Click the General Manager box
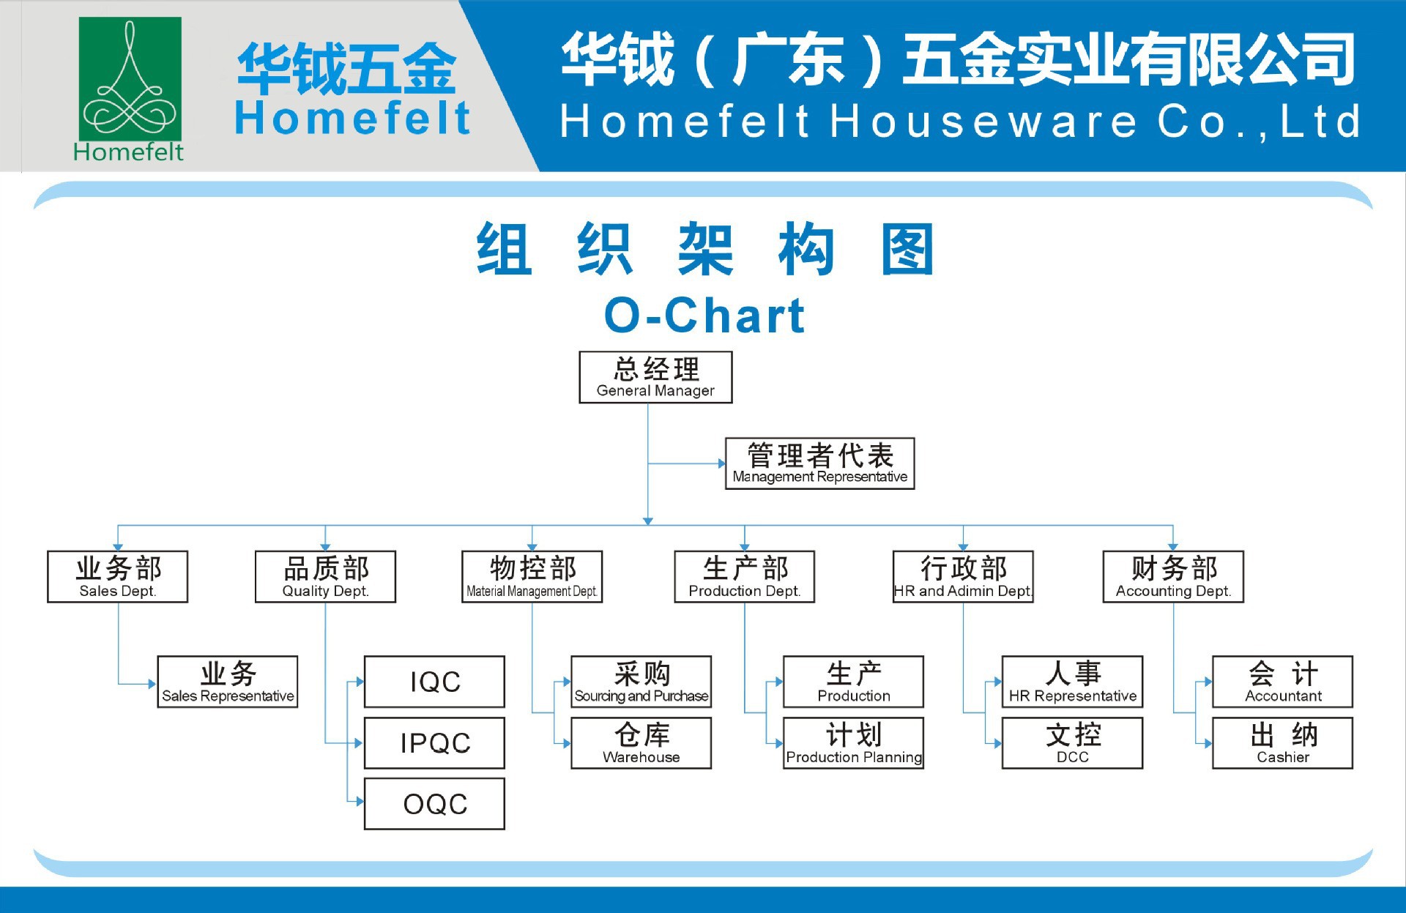[x=655, y=377]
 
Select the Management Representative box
[x=819, y=463]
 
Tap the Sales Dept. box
[x=117, y=577]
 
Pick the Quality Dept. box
[x=325, y=577]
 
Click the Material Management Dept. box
[x=532, y=577]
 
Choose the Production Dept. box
[x=744, y=577]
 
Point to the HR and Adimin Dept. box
[x=963, y=577]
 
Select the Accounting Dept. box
[x=1173, y=577]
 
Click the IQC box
[x=434, y=682]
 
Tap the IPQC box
[x=434, y=743]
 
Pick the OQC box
[x=434, y=804]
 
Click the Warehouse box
[x=641, y=743]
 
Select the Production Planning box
[x=853, y=743]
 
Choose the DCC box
[x=1072, y=743]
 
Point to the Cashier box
[x=1282, y=743]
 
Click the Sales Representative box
[x=227, y=682]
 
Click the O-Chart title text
[x=704, y=316]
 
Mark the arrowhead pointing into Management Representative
[x=721, y=463]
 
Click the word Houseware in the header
[x=984, y=122]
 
